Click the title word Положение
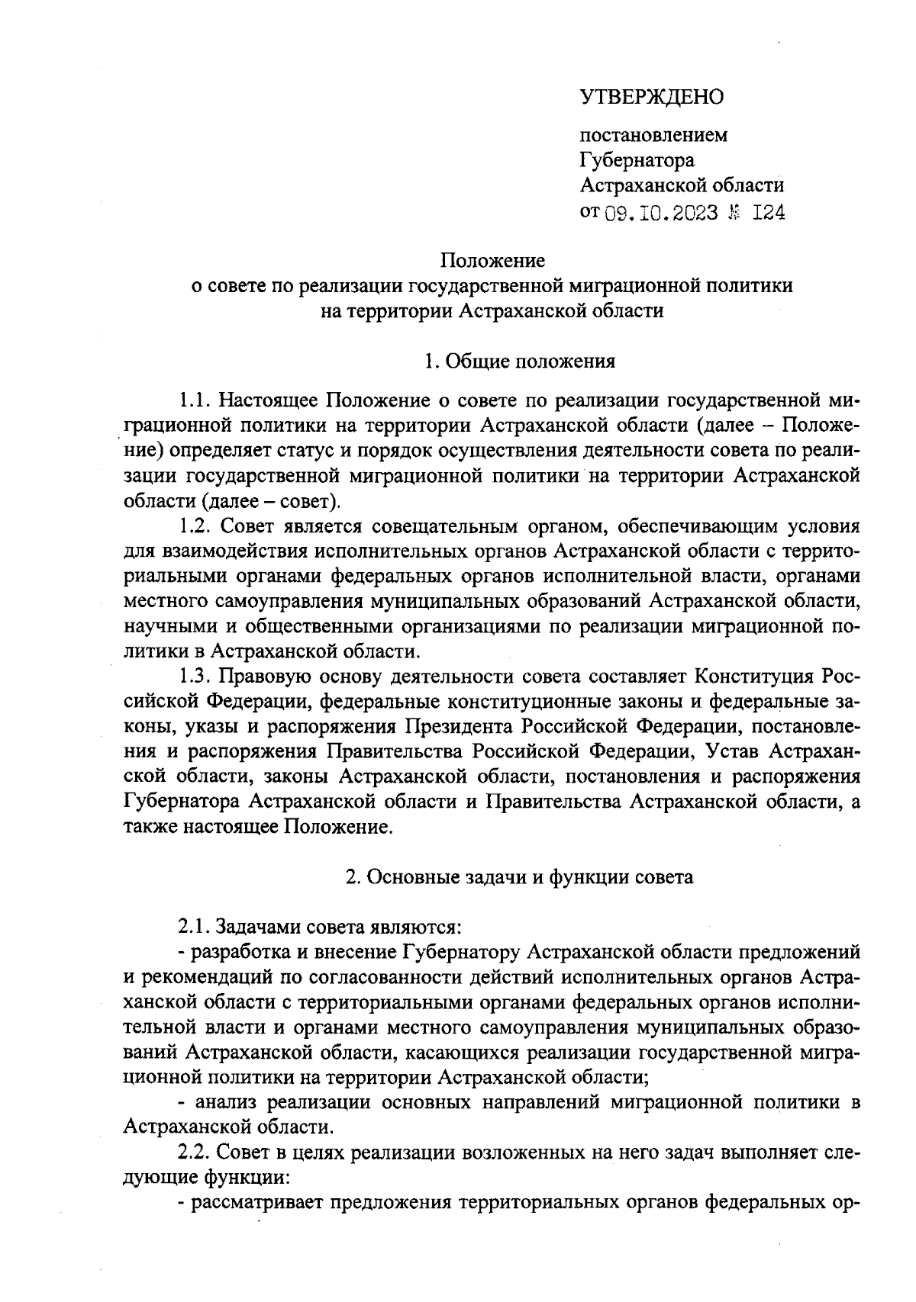point(492,261)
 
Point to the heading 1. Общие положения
point(520,361)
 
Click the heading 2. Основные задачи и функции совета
point(519,877)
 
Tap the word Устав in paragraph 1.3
point(732,752)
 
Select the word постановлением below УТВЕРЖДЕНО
point(654,136)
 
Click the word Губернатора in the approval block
point(637,161)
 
